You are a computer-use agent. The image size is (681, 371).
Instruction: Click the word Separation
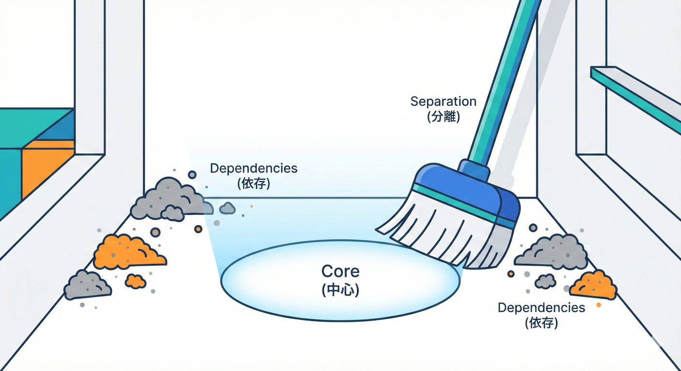tap(443, 102)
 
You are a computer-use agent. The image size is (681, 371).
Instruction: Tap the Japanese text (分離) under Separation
tap(443, 116)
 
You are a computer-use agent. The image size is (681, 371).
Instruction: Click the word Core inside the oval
tap(340, 271)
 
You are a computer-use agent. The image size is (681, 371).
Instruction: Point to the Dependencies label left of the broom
tap(253, 169)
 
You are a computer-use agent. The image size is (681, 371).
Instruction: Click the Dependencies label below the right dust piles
tap(541, 308)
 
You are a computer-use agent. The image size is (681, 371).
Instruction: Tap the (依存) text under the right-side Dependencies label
tap(541, 323)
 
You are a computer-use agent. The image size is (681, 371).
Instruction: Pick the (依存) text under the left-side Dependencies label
tap(253, 184)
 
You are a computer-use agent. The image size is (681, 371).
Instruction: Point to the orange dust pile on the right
tap(593, 285)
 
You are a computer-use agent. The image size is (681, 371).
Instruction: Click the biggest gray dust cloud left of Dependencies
tap(167, 198)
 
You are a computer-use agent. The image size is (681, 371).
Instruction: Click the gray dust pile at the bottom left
tap(87, 285)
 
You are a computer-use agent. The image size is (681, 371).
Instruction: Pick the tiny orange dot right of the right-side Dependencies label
tap(599, 305)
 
